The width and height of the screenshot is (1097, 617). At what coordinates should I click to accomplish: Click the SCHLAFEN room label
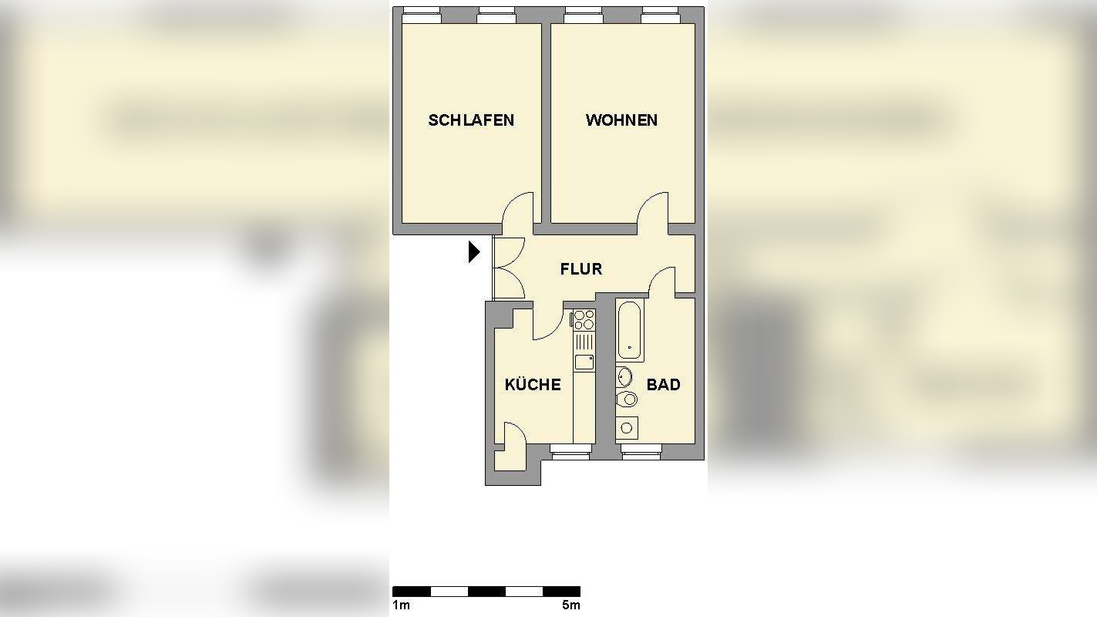(x=471, y=120)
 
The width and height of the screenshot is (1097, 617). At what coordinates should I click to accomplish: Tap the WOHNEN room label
(x=621, y=120)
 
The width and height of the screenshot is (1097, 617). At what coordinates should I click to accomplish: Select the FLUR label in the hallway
(x=581, y=269)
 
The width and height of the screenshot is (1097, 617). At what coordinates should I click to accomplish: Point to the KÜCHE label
(x=533, y=385)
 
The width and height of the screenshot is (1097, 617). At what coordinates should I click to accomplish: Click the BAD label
(x=663, y=385)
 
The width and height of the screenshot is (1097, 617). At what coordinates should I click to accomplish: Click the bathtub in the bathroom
(x=630, y=330)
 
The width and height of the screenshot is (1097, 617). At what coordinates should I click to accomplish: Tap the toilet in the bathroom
(x=628, y=399)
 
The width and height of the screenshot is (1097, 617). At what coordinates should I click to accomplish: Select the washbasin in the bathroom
(x=624, y=377)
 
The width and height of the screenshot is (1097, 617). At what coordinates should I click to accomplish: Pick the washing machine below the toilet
(x=626, y=427)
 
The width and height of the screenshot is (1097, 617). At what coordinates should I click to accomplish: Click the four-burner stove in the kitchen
(x=584, y=319)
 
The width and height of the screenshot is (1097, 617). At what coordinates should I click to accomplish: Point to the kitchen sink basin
(x=584, y=361)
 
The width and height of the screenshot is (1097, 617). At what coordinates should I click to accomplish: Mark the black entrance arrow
(x=474, y=251)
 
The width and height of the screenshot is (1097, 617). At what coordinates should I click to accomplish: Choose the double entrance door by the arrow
(x=508, y=268)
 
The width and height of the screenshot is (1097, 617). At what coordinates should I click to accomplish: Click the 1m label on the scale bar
(x=401, y=605)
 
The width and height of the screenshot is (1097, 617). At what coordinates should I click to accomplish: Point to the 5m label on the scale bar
(x=570, y=605)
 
